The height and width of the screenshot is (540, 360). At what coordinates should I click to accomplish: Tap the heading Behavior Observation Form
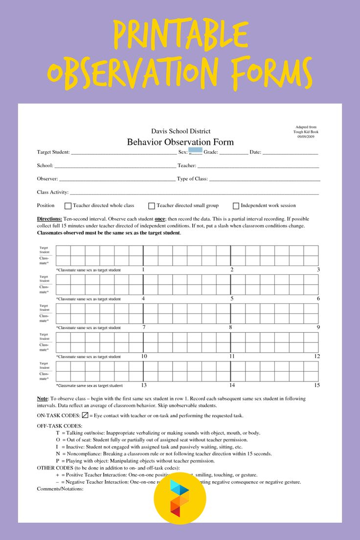tap(180, 142)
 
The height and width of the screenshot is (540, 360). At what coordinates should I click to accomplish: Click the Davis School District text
tap(180, 131)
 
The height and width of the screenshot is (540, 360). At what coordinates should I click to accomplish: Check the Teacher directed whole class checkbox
tap(68, 206)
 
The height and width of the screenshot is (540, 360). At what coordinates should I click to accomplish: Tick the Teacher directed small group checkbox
tap(152, 206)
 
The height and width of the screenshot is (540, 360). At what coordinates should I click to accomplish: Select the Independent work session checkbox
tap(236, 206)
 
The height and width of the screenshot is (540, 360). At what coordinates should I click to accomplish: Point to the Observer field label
tap(47, 179)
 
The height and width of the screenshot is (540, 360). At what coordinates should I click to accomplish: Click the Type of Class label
tap(192, 179)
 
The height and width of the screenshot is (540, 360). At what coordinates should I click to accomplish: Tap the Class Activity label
tap(52, 192)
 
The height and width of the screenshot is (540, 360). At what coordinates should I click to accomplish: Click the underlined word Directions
tap(49, 219)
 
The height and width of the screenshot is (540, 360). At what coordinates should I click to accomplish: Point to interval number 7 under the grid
tap(144, 327)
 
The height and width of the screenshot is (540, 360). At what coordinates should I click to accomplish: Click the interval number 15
tap(316, 385)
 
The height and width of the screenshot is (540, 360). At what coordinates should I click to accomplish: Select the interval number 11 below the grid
tap(232, 356)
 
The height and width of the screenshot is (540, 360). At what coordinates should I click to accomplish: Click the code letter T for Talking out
tap(57, 433)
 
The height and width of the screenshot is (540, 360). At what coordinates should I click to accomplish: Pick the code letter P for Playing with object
tap(57, 461)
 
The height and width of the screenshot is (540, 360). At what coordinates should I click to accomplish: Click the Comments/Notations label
tap(60, 489)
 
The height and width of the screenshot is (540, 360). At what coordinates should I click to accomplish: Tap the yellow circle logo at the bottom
tap(180, 498)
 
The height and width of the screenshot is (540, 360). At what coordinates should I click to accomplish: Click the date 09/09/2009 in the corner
tap(306, 136)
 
